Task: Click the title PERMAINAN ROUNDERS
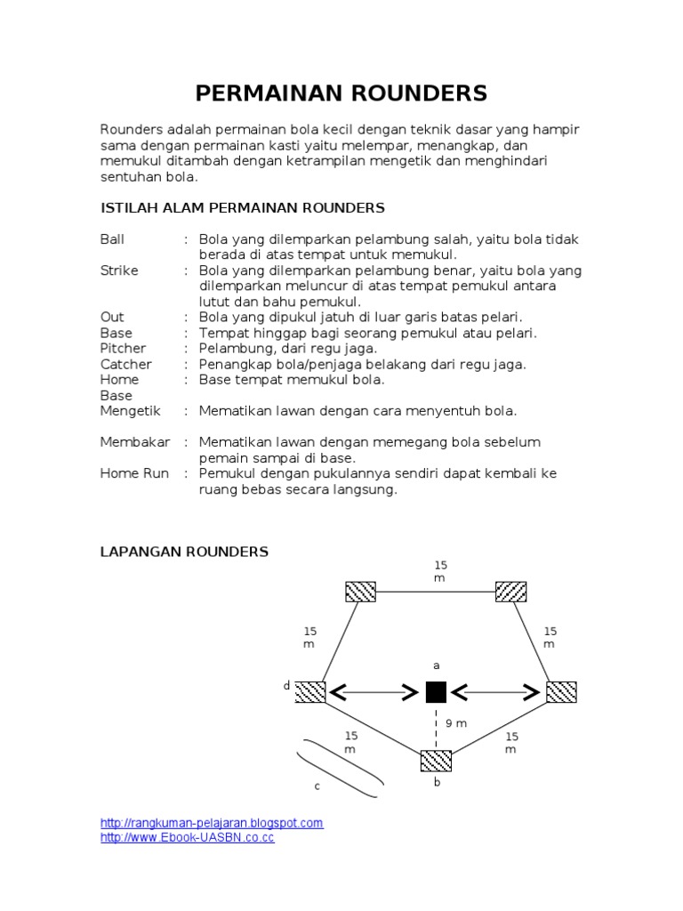coord(341,93)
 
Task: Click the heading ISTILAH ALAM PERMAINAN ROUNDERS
coord(242,208)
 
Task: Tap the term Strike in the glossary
coord(119,270)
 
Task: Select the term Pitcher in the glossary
coord(123,348)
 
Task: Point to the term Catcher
coord(125,364)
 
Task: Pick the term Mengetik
coord(130,411)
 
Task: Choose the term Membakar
coord(134,442)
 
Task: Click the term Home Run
coord(134,473)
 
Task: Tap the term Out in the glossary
coord(112,317)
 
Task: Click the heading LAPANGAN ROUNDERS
coord(184,552)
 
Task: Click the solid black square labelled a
coord(436,692)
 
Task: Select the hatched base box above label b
coord(436,761)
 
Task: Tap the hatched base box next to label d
coord(310,691)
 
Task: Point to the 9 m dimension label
coord(456,723)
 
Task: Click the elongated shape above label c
coord(341,767)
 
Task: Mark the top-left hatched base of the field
coord(360,592)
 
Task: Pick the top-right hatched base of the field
coord(510,592)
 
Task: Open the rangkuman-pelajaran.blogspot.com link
coord(212,824)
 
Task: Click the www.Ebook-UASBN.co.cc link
coord(188,838)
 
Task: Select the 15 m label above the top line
coord(440,571)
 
